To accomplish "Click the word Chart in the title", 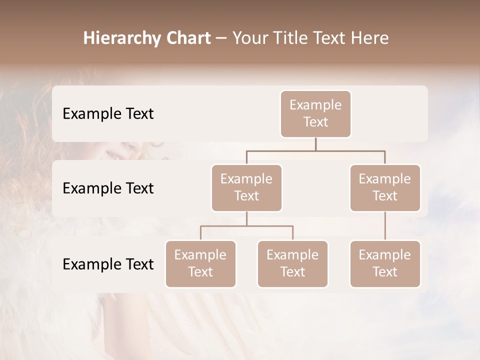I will click(187, 38).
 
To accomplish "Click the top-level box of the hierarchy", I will click(315, 114).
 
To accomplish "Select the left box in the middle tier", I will click(246, 188).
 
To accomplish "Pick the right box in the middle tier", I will click(385, 188).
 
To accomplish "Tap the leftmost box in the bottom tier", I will click(200, 264).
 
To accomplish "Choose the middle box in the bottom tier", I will click(292, 264).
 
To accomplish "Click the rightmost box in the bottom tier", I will click(385, 264).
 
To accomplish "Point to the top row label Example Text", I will click(108, 114).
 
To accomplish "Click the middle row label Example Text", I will click(108, 188).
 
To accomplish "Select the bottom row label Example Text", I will click(108, 264).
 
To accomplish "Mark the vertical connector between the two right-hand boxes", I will click(385, 226).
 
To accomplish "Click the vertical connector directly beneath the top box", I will click(315, 144).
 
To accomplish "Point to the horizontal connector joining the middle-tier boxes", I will click(315, 150).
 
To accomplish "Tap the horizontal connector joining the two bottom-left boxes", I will click(246, 226).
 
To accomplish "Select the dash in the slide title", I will click(221, 39).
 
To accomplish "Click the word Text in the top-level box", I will click(315, 122).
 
